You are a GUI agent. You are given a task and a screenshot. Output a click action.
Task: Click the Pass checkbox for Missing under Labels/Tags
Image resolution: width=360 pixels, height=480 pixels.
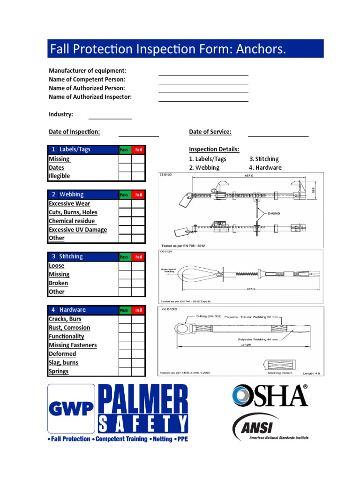click(x=125, y=159)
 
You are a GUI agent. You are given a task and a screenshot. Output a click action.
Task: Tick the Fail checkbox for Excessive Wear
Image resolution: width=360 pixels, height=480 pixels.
click(x=138, y=203)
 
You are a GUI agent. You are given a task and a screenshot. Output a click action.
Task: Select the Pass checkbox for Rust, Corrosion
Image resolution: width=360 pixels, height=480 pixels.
click(x=125, y=328)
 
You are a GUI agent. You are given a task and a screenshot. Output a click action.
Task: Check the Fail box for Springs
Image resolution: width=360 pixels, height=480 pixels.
click(x=138, y=371)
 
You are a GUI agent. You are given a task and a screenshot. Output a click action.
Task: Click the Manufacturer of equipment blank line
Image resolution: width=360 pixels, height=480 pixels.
click(x=203, y=74)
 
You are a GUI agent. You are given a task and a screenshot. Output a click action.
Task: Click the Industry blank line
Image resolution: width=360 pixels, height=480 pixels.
click(x=110, y=118)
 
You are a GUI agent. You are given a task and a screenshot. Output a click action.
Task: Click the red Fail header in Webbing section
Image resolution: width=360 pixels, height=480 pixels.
click(x=138, y=195)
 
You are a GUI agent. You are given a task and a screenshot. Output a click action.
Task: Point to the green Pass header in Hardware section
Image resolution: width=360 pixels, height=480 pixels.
click(x=124, y=310)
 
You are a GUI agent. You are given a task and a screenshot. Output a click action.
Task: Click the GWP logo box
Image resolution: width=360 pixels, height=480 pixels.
click(x=71, y=409)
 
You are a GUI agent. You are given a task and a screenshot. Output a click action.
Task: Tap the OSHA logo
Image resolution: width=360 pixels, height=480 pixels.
click(x=270, y=395)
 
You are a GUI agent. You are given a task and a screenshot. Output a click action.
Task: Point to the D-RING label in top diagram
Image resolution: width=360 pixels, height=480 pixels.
click(x=274, y=213)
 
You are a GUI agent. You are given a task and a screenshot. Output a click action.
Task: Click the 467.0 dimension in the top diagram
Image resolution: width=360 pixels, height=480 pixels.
click(x=242, y=176)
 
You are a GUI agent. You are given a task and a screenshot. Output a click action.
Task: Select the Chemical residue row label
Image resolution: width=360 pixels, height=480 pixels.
click(x=72, y=221)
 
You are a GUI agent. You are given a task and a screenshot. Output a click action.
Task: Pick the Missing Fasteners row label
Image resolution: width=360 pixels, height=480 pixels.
click(x=73, y=345)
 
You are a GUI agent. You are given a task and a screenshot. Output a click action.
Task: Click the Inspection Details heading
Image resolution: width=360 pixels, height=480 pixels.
click(x=214, y=149)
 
